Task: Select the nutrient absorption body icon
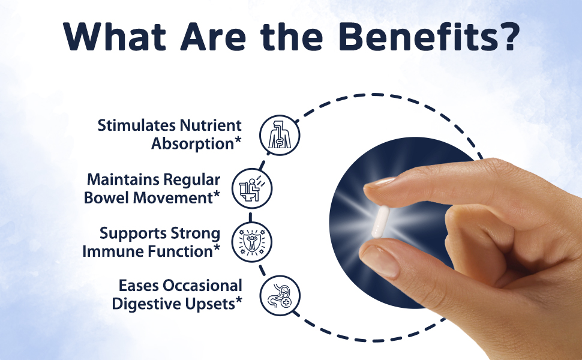point(280,135)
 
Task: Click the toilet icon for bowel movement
point(252,188)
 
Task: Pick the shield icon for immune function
point(252,242)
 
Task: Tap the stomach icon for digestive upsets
point(280,295)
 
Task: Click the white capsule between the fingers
point(380,221)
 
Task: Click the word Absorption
point(192,143)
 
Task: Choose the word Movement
point(173,197)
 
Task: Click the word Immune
point(113,251)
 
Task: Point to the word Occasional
point(202,286)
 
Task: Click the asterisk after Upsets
point(239,299)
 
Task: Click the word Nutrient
point(211,125)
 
